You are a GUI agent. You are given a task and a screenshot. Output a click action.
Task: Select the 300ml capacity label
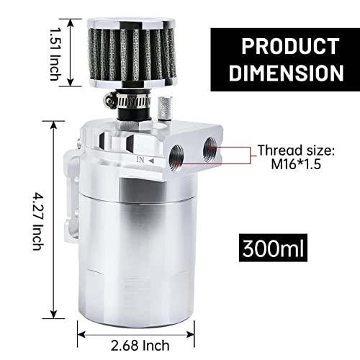pyautogui.click(x=272, y=249)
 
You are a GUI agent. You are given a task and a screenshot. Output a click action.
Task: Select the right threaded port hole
pyautogui.click(x=212, y=145)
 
